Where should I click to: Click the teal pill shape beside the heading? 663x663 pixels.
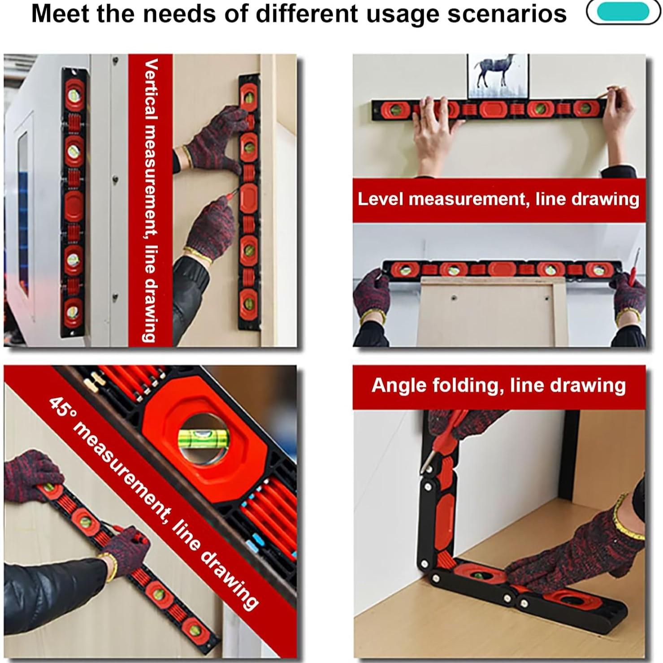coord(623,12)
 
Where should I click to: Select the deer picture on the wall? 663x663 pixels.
coord(498,76)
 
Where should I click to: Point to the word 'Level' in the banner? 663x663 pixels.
coord(380,199)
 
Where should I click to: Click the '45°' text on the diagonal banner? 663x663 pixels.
coord(61,408)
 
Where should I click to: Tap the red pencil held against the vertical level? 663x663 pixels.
coord(230,194)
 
